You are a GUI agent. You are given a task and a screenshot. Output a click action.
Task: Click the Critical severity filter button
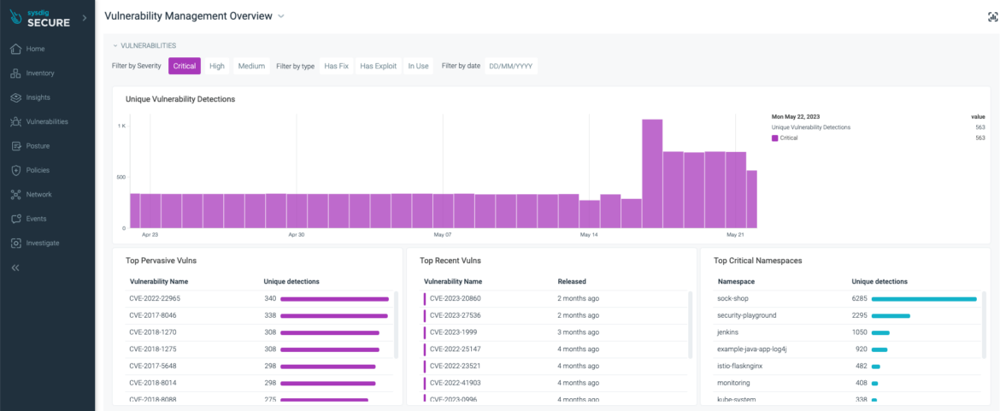(184, 66)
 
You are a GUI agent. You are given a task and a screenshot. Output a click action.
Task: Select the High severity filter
(217, 66)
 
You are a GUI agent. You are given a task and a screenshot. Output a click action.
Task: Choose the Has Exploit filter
(378, 66)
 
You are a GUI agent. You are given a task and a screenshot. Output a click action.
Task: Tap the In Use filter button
(418, 66)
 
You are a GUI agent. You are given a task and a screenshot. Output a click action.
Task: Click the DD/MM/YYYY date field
(511, 66)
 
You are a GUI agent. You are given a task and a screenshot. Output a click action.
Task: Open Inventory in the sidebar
(40, 73)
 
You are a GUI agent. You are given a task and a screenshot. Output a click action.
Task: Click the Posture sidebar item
(38, 146)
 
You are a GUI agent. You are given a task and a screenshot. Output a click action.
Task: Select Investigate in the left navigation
(43, 243)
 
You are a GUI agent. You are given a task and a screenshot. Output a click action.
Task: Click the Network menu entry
(38, 194)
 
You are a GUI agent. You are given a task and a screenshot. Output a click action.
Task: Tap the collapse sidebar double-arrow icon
(15, 267)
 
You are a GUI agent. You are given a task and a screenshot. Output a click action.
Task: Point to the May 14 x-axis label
(589, 234)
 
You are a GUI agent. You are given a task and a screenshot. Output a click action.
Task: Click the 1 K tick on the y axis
(121, 126)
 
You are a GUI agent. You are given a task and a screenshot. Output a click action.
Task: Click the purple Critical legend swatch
(774, 138)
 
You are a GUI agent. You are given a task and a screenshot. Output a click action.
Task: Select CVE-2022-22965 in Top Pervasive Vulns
(155, 298)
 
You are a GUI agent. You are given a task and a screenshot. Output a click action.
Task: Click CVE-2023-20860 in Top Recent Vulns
(455, 298)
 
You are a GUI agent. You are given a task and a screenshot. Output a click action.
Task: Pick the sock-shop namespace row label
(733, 298)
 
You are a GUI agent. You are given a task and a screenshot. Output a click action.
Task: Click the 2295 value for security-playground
(859, 315)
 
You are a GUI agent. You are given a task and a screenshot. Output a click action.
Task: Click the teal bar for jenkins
(880, 332)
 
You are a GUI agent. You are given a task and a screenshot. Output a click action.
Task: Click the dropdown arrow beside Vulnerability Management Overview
(281, 16)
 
